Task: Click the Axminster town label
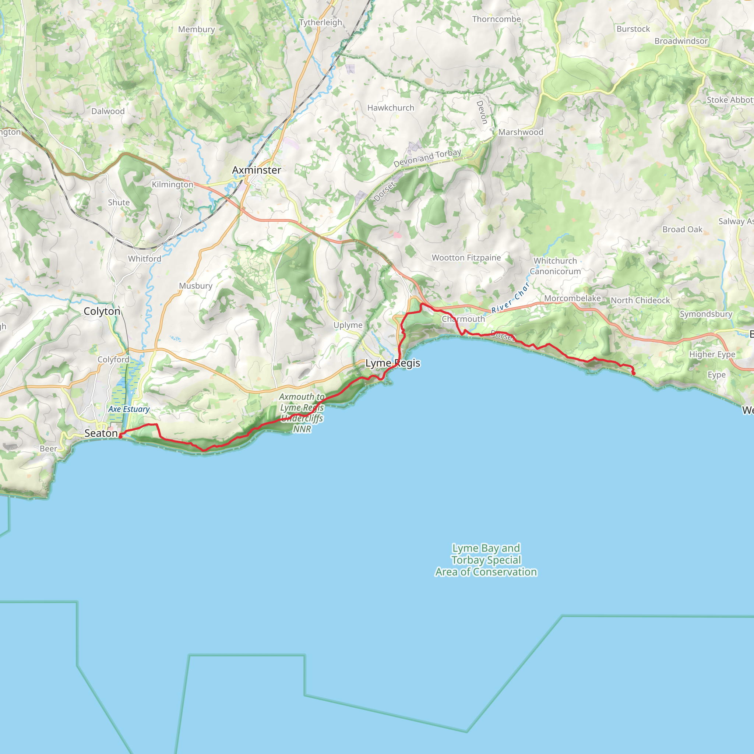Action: click(256, 170)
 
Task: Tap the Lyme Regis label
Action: click(392, 363)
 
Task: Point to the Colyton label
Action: click(102, 311)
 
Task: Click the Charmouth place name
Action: click(463, 319)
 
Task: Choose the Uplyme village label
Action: click(348, 325)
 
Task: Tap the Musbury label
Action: click(195, 286)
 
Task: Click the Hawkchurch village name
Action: click(391, 108)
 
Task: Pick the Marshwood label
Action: click(521, 132)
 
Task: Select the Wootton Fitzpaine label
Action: click(466, 258)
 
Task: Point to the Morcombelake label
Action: click(572, 298)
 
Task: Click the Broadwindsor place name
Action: click(681, 41)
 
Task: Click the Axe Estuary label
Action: click(129, 409)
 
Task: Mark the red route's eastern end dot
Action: click(633, 373)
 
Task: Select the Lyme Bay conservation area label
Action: click(486, 560)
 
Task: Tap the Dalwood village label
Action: click(108, 111)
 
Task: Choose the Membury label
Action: click(196, 29)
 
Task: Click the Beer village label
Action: click(48, 449)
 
